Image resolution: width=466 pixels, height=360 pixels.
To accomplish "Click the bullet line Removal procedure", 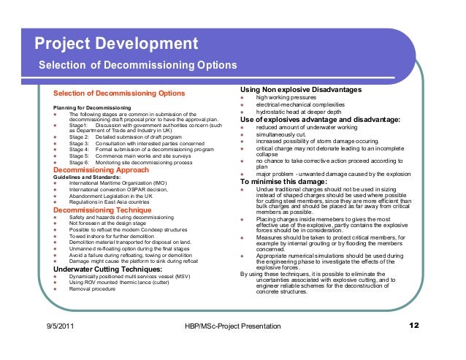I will tap(93, 289).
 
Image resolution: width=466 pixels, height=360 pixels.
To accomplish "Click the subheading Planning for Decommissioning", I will tap(92, 108).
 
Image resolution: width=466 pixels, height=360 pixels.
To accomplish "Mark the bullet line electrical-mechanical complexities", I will tap(302, 104).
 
